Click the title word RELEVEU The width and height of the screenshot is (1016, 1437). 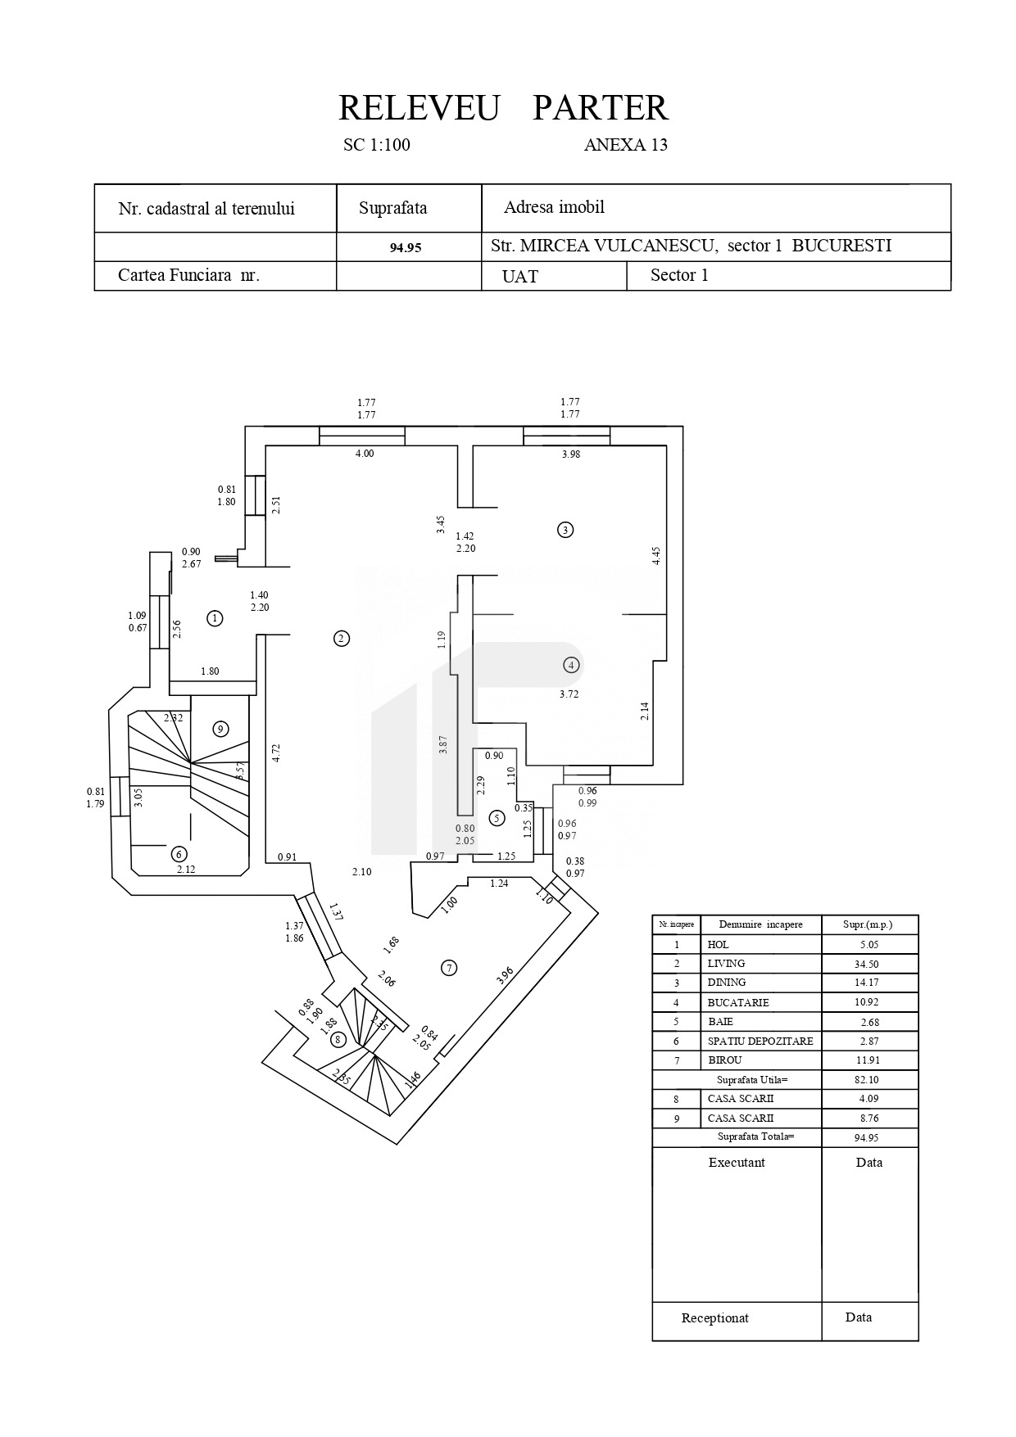(x=418, y=108)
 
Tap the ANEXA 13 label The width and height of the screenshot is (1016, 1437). (x=625, y=146)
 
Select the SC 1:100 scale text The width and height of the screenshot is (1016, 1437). (x=377, y=146)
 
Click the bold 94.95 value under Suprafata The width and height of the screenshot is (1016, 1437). (x=406, y=247)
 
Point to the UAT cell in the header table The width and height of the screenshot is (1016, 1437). (x=520, y=277)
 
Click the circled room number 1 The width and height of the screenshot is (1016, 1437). (x=215, y=618)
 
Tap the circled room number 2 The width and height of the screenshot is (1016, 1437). (x=342, y=639)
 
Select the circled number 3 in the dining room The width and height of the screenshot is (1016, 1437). (x=565, y=529)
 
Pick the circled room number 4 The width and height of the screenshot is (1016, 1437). (x=571, y=665)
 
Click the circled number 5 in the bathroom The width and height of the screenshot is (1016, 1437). (x=496, y=817)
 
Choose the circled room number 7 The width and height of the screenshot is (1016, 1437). (x=449, y=968)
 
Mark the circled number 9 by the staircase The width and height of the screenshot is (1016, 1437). (x=219, y=729)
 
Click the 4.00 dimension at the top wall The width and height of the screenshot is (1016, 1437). (x=365, y=454)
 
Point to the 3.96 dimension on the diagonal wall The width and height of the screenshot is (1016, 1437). (x=505, y=974)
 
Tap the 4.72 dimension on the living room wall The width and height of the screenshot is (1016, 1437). (x=277, y=752)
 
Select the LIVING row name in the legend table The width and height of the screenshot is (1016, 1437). (x=726, y=964)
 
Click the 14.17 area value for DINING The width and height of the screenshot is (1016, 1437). (x=869, y=983)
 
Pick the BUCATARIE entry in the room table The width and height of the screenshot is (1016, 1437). (x=738, y=1002)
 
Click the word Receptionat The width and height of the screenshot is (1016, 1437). (x=714, y=1318)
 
